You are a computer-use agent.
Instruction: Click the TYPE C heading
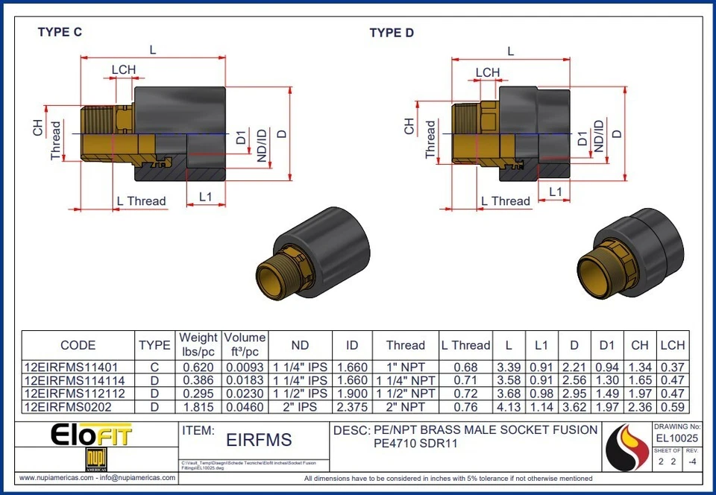60,32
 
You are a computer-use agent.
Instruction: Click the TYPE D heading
392,33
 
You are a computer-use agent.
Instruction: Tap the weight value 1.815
198,407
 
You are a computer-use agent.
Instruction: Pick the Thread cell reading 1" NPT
405,368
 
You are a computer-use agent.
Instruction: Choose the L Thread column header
465,345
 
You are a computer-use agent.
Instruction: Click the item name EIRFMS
259,441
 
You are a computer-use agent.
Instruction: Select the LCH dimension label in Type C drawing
124,70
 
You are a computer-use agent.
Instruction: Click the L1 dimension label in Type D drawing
555,192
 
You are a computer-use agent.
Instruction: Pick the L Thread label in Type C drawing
141,201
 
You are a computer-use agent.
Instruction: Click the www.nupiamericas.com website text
55,478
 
